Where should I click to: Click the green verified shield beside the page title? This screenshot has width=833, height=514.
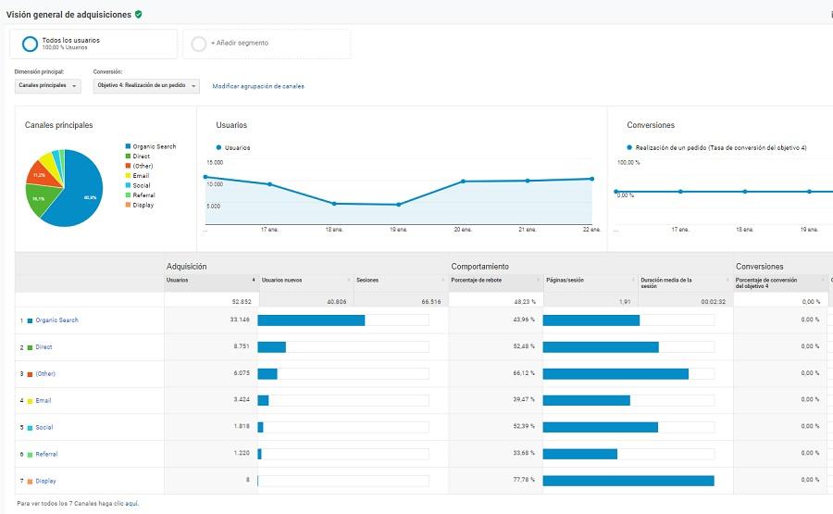[139, 15]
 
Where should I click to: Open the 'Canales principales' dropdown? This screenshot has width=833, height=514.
[48, 86]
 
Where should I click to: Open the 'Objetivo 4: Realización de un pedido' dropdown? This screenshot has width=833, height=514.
[146, 86]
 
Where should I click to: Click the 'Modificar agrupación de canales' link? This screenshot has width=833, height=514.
[258, 86]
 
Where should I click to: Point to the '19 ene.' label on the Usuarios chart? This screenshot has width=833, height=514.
[398, 229]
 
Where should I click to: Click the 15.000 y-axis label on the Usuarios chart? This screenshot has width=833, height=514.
[215, 162]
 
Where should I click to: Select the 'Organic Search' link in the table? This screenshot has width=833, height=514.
[56, 320]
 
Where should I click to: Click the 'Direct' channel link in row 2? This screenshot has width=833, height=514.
[44, 347]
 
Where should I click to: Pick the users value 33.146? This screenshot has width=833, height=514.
[239, 320]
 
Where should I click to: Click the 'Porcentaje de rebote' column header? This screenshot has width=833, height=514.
[476, 280]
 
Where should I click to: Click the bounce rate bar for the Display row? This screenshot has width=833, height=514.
[628, 481]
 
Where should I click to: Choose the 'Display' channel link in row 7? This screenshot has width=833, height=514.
[45, 481]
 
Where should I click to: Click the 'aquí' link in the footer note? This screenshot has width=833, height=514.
[131, 504]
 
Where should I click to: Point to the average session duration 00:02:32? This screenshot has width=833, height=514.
[713, 301]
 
